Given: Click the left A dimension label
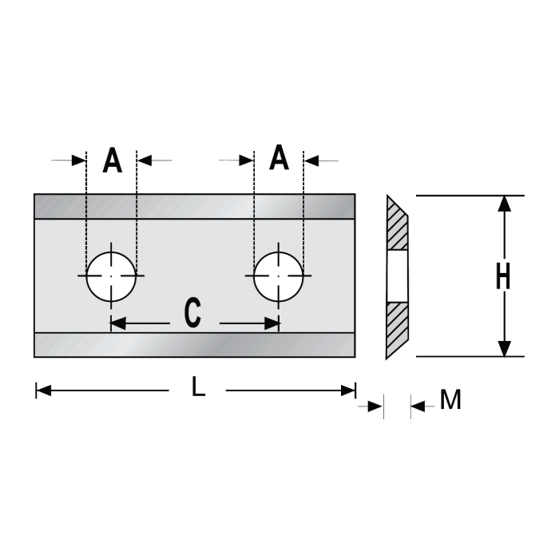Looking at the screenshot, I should tap(113, 161).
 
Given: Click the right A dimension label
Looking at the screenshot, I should tap(278, 157).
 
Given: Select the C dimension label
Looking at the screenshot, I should tap(192, 314).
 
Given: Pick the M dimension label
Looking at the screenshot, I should tap(451, 400).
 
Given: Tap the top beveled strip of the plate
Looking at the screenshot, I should tap(194, 206).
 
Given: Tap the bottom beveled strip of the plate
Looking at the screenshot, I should tap(194, 344).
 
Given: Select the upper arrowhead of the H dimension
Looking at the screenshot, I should tap(504, 204).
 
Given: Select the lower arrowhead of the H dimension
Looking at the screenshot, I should tap(504, 348).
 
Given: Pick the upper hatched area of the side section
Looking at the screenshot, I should tap(398, 228).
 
